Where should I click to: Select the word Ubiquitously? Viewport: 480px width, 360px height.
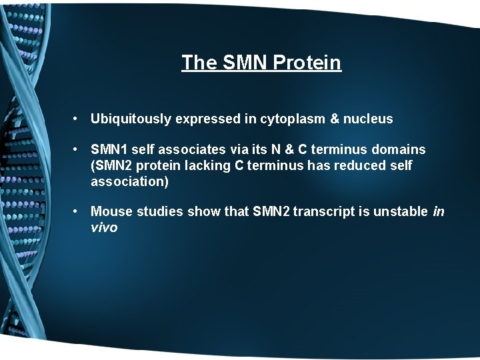pyautogui.click(x=131, y=119)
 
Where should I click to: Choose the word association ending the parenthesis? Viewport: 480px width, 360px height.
pyautogui.click(x=127, y=181)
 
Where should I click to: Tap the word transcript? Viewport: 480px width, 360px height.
pyautogui.click(x=323, y=212)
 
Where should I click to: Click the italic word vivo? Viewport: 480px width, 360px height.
pyautogui.click(x=104, y=227)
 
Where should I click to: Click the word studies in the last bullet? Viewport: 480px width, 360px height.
pyautogui.click(x=160, y=212)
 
